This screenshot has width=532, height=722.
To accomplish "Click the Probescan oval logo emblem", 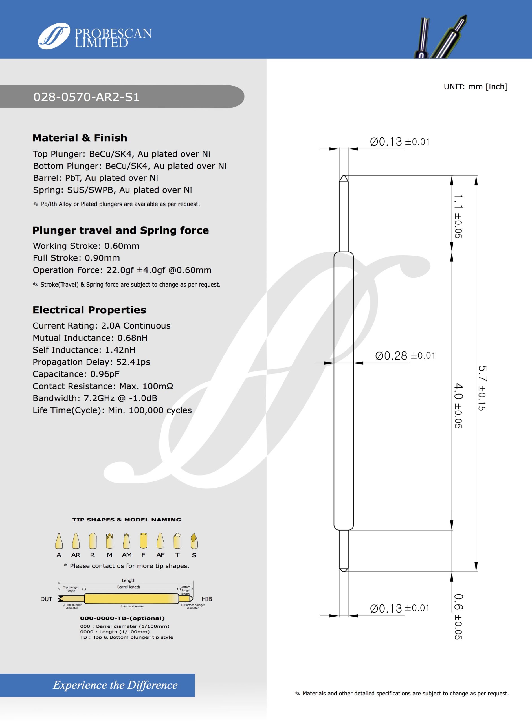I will pos(54,36).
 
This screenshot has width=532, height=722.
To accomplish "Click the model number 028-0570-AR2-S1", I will pos(86,97).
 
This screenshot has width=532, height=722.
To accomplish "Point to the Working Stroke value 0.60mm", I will pos(122,246).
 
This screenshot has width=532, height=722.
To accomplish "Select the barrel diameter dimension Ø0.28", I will pos(391,356).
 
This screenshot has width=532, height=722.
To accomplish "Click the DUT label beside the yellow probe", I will pos(46,599).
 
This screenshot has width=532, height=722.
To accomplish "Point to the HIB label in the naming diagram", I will pos(207,599).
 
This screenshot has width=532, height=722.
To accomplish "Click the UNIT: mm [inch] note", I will pos(475,87).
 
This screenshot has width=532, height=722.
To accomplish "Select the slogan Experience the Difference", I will pos(115,685).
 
